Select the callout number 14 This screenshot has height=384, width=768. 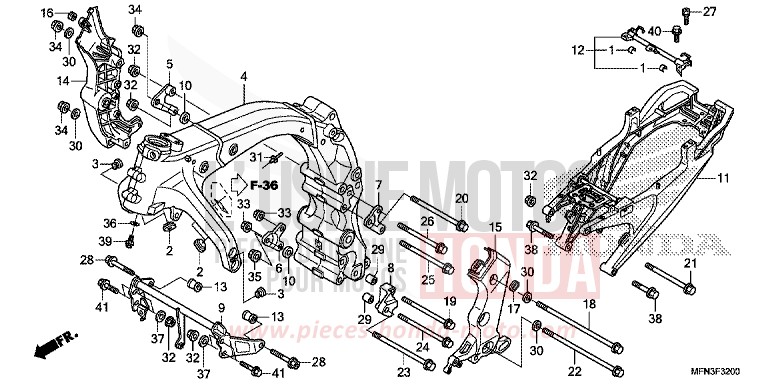click(x=62, y=81)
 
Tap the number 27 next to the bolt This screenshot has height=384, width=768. click(x=711, y=12)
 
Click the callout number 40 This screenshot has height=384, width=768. click(x=655, y=32)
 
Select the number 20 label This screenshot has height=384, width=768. click(x=461, y=199)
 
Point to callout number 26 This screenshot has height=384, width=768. click(x=426, y=222)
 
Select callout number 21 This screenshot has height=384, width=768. click(x=688, y=263)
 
